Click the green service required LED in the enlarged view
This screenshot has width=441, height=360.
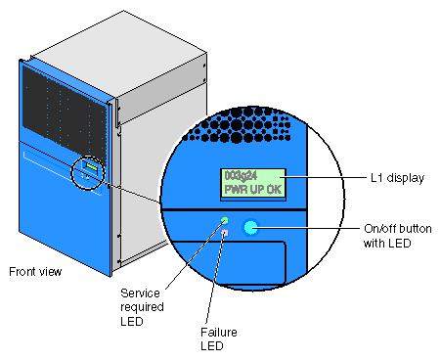coord(224,221)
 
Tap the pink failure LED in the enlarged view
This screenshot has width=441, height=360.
coord(225,233)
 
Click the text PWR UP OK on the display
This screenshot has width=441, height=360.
coord(253,190)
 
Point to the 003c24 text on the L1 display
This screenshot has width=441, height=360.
coord(241,176)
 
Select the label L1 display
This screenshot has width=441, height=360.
coord(398,178)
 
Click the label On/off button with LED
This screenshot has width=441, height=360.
coord(398,236)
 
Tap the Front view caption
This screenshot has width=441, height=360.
coord(35,272)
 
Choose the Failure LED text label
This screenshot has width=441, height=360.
coord(219,339)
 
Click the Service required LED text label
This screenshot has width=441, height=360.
coord(142,307)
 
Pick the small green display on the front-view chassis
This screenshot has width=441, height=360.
coord(92,167)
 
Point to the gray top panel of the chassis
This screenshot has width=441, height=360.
coord(119,54)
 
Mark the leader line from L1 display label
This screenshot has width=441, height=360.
coord(324,178)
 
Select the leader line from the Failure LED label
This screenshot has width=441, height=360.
coord(215,278)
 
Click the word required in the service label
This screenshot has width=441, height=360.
coord(142,307)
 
